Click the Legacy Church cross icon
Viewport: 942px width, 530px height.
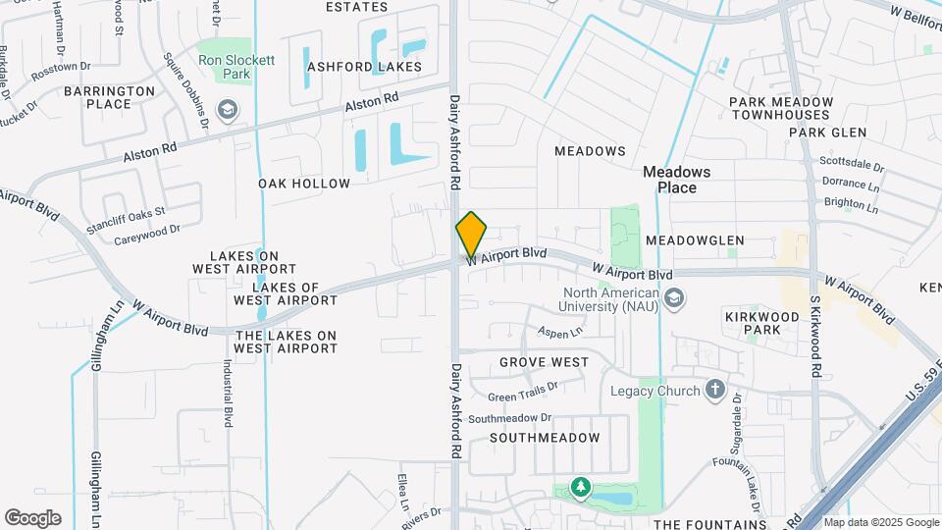[714, 391]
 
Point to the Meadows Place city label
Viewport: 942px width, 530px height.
[676, 180]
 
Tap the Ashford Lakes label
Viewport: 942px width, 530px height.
[364, 67]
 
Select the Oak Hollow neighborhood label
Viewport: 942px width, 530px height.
[304, 184]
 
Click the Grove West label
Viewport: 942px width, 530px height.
[544, 362]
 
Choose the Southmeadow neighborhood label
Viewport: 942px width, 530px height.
[545, 437]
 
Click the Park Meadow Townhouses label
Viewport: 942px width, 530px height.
[781, 108]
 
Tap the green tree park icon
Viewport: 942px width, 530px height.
[581, 488]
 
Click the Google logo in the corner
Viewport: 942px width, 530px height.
[32, 518]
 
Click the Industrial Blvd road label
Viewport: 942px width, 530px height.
[227, 392]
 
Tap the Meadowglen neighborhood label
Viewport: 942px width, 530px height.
[695, 240]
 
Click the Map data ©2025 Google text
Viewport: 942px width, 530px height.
[880, 522]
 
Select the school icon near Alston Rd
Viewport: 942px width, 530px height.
[228, 108]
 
